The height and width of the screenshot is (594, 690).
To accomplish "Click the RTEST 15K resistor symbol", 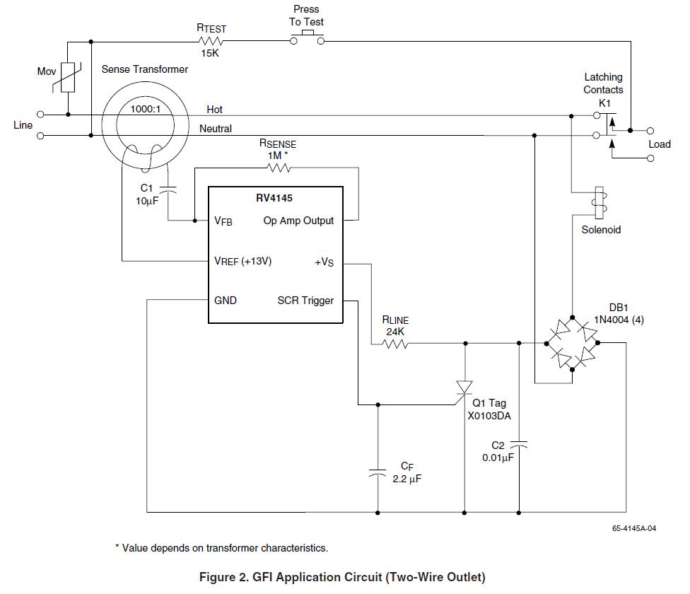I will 211,42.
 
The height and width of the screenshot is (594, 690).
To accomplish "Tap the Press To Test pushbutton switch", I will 307,40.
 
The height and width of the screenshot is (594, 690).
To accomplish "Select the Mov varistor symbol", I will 67,78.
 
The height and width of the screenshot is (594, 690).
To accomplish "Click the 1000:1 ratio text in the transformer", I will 145,110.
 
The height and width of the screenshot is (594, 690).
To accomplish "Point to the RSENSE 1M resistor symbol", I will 277,168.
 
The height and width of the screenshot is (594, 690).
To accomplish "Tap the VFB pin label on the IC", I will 223,221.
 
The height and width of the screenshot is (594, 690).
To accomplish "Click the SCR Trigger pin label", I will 305,301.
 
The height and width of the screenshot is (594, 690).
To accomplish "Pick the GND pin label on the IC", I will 226,301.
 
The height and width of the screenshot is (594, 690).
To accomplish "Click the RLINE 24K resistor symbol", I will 395,344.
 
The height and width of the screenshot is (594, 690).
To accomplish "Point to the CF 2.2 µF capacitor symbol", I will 378,472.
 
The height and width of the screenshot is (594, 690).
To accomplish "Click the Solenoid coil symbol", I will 600,203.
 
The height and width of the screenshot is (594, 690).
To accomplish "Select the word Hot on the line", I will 215,110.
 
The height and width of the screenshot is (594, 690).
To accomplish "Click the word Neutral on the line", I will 216,129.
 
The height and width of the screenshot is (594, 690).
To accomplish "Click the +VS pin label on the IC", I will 324,262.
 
